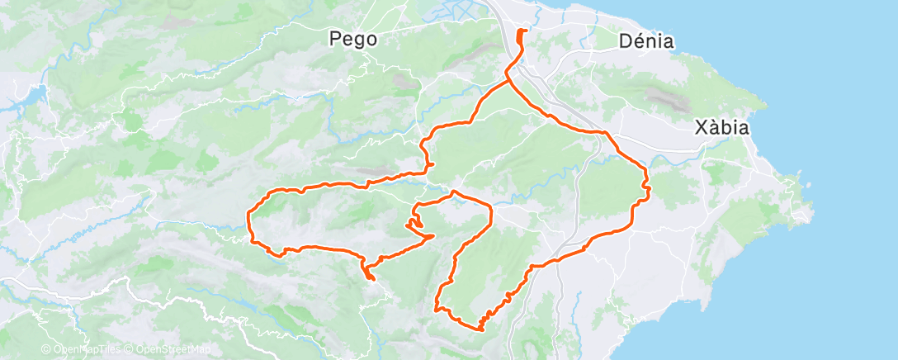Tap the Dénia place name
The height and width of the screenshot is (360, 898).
tap(646, 40)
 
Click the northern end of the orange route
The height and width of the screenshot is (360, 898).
tap(522, 31)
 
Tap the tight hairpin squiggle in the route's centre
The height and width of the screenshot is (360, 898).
tap(414, 223)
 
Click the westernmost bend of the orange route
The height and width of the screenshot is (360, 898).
tap(249, 217)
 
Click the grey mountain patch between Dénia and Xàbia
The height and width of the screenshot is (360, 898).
tap(664, 99)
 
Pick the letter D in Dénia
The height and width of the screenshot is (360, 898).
tap(625, 40)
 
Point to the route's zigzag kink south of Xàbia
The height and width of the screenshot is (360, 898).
tap(646, 190)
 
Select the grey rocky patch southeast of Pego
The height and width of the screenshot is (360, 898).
tap(404, 81)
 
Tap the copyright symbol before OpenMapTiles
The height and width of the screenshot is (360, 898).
tap(46, 350)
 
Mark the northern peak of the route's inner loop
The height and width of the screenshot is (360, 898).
tap(453, 192)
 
